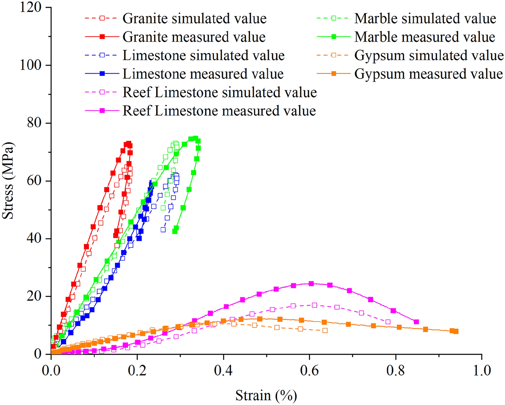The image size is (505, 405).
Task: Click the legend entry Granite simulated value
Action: coord(194,19)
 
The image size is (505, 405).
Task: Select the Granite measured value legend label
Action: coord(194,37)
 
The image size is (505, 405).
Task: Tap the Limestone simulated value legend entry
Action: coord(203,56)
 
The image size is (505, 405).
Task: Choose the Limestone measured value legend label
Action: coord(203,74)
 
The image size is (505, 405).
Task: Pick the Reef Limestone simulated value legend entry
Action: coord(219,92)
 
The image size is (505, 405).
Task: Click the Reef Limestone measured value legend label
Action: coord(219,111)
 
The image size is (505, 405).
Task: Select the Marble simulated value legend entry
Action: coord(425,19)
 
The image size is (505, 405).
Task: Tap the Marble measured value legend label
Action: coord(424,37)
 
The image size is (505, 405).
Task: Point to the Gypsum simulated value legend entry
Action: coord(429,56)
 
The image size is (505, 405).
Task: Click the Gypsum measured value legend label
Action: coord(428,74)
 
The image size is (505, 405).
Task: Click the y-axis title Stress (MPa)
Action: coord(8,181)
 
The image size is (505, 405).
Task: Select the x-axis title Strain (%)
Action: coord(266,395)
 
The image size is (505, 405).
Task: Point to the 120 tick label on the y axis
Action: coord(31,7)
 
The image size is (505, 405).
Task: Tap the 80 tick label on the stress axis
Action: coord(35,123)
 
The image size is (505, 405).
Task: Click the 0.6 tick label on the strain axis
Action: coord(309,370)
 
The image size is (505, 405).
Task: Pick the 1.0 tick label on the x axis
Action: coord(482,370)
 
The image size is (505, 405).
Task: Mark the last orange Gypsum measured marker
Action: coord(456,331)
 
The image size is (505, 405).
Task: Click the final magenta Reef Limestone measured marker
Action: coord(416,322)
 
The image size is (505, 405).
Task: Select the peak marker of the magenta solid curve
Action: coord(311,284)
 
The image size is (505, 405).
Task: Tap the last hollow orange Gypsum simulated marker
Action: coord(325,330)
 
